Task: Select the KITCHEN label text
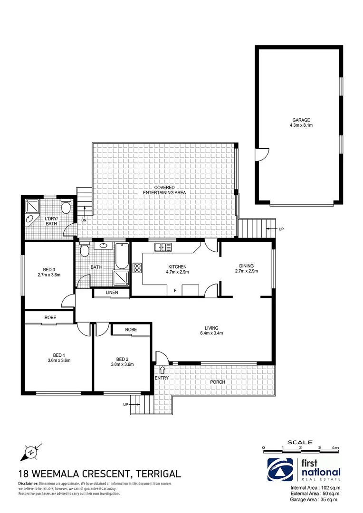coord(176,267)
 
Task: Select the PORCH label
coord(219,382)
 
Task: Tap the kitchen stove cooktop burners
coord(137,267)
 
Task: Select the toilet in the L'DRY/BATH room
coord(66,206)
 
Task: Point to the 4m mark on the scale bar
coord(335,447)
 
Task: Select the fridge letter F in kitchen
coord(175,290)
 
